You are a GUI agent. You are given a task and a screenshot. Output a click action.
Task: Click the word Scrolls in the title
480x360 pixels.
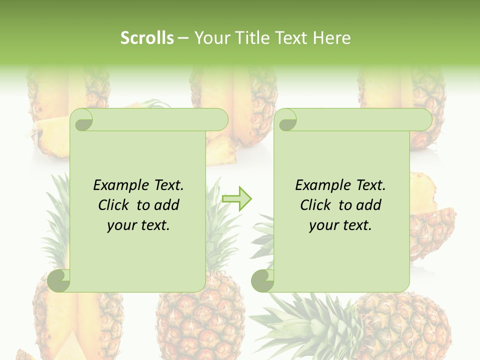[x=147, y=38]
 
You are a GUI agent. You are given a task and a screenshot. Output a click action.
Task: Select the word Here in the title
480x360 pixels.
[x=331, y=38]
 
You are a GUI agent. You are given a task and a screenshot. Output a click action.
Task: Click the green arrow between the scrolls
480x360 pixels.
[x=237, y=198]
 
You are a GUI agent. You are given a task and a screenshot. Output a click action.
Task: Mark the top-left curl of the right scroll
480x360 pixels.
[x=287, y=120]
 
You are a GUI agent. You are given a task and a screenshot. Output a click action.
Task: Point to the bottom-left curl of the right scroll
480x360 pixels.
[x=263, y=280]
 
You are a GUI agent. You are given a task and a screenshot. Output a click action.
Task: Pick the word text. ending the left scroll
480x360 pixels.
[x=154, y=225]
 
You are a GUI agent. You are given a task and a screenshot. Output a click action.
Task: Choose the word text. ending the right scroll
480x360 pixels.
[x=356, y=225]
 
